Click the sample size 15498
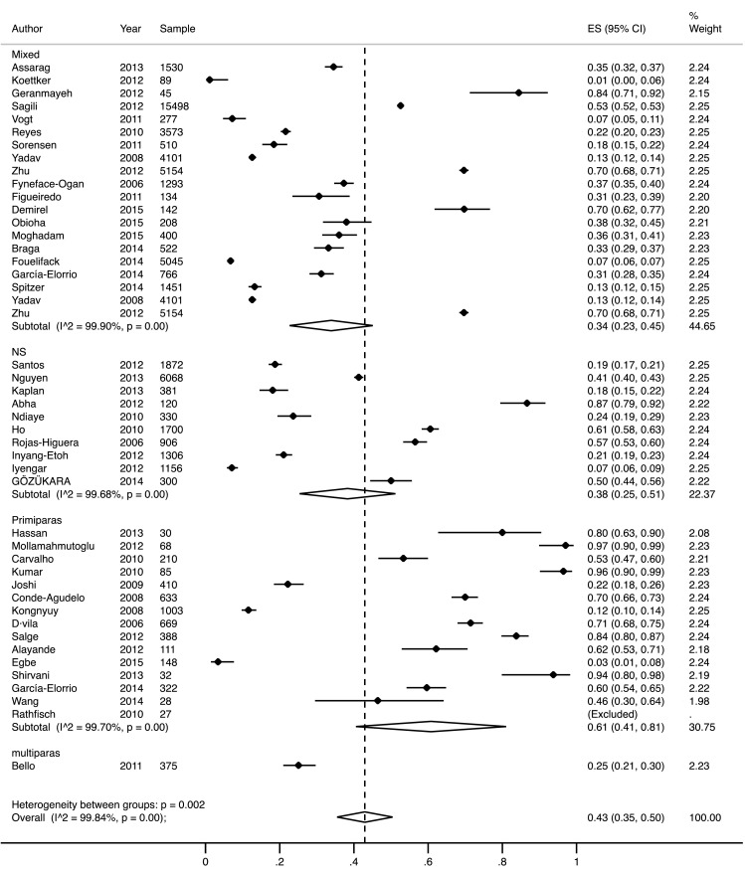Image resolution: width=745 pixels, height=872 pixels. (x=176, y=104)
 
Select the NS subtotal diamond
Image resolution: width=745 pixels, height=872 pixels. (x=347, y=493)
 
